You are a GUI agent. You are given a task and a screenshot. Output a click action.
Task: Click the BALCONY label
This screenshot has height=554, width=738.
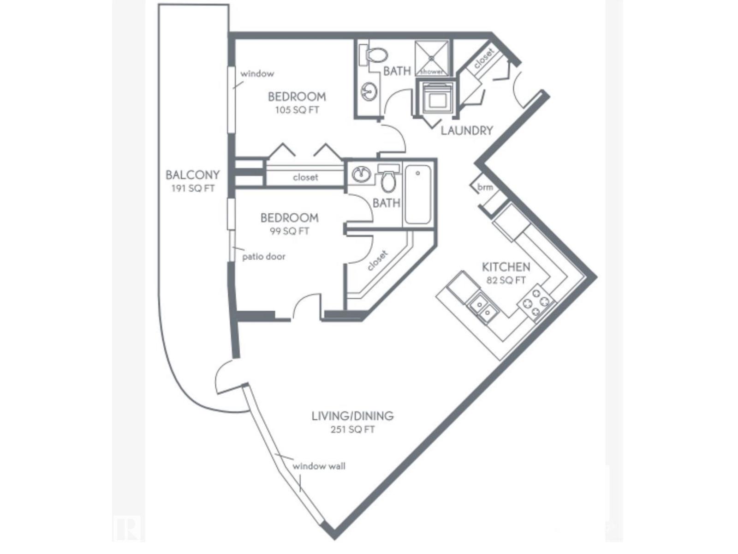[x=192, y=175]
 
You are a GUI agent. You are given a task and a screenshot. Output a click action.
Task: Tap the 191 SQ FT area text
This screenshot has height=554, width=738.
[x=193, y=188]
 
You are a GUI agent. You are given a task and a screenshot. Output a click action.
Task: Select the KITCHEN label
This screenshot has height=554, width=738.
[x=506, y=267]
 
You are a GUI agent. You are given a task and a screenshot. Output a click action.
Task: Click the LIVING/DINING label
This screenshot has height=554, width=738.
[x=352, y=416]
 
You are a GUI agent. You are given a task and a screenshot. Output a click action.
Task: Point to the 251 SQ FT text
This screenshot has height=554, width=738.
[x=352, y=430]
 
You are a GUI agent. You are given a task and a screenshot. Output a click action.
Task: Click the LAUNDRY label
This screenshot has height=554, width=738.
[x=467, y=131]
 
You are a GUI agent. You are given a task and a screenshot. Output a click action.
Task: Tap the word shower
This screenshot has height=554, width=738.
[x=432, y=72]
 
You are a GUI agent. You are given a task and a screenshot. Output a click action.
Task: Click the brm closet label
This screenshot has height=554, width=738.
[x=485, y=187]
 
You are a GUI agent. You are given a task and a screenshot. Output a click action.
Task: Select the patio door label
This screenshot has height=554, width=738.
[x=263, y=257]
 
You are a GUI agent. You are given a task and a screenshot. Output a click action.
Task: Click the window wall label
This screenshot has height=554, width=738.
[x=319, y=466]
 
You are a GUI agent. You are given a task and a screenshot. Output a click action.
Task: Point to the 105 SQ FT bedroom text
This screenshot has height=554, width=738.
[x=297, y=110]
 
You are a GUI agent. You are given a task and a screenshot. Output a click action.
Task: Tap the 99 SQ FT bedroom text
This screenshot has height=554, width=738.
[x=289, y=231]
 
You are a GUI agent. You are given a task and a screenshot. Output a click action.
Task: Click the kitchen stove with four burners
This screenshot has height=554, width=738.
[x=536, y=303]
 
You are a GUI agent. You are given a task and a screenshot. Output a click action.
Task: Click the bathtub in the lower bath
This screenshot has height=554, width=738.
[x=418, y=195]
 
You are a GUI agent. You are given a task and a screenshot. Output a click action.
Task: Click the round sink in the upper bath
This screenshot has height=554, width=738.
[x=369, y=91]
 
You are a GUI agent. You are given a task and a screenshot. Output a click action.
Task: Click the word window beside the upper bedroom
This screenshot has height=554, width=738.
[x=257, y=73]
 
